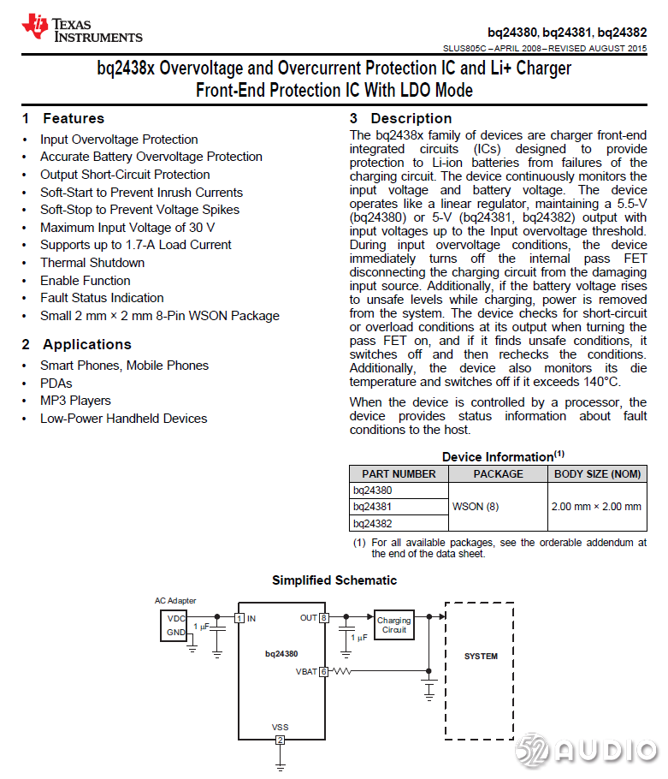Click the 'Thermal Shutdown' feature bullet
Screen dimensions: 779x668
(x=92, y=263)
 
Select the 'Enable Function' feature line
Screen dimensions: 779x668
(x=85, y=281)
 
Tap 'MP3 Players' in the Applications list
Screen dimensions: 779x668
(x=74, y=401)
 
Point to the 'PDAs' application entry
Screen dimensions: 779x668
(x=56, y=384)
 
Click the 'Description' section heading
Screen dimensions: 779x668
(x=411, y=118)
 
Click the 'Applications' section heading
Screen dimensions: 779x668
(x=86, y=344)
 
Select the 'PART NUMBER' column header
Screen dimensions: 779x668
(x=399, y=473)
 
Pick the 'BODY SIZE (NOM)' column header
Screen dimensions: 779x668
(x=597, y=473)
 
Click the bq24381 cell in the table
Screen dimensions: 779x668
(x=373, y=507)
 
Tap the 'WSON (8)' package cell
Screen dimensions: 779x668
(x=475, y=507)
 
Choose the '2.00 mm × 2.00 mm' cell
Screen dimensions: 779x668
(x=596, y=507)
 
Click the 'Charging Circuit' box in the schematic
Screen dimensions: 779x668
(x=393, y=626)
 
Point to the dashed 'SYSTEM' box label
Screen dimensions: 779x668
(x=480, y=657)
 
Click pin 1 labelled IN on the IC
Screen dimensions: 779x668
(x=240, y=617)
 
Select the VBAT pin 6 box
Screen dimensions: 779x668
(x=323, y=672)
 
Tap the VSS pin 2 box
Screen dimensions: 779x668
(x=280, y=740)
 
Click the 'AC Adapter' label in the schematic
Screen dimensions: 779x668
(x=175, y=601)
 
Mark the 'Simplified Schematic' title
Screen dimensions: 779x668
(x=334, y=580)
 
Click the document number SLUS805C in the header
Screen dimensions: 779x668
(x=465, y=49)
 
